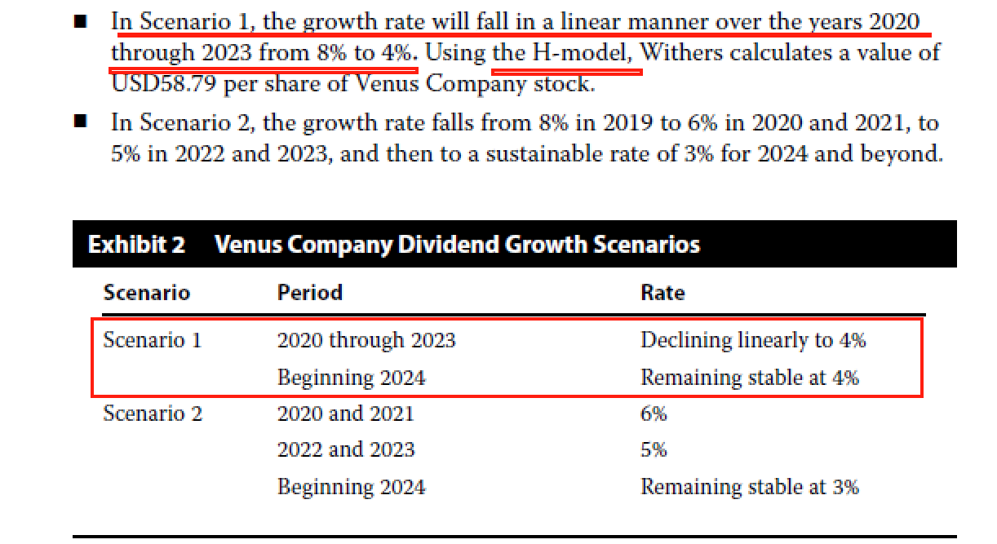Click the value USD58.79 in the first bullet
click(x=164, y=84)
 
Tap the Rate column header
click(x=662, y=293)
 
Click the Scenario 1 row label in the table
click(x=152, y=340)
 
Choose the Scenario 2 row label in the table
click(x=152, y=414)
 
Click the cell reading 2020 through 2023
click(x=366, y=340)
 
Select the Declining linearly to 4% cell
click(x=752, y=340)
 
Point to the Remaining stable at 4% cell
click(x=749, y=378)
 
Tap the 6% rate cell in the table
click(x=654, y=414)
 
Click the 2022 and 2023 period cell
click(x=345, y=449)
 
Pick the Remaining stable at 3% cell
click(x=749, y=487)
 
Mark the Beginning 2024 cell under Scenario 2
click(x=351, y=487)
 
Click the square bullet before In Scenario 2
click(x=80, y=122)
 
